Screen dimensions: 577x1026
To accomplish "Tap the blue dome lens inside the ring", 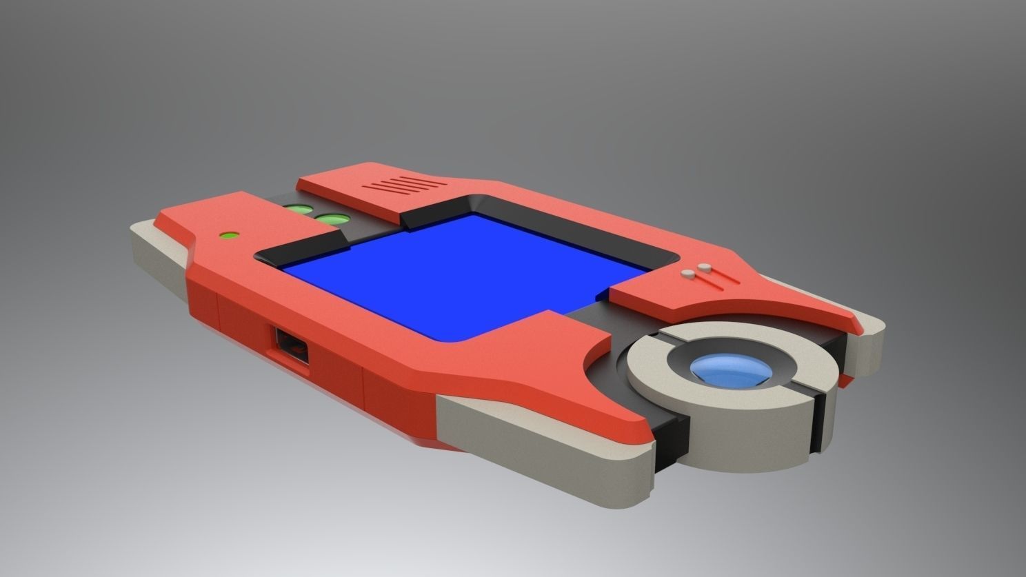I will coord(731,370).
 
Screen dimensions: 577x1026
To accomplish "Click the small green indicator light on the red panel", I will coord(229,235).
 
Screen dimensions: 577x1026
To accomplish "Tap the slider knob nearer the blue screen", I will coord(687,274).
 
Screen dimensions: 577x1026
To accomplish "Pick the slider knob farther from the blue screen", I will coord(704,266).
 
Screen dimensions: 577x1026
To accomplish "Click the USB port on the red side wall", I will coord(290,345).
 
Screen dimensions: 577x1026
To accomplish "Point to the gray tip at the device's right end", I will coord(870,345).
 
